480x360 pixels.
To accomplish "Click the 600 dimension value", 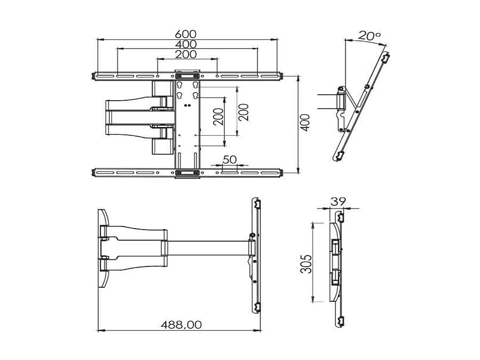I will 186,34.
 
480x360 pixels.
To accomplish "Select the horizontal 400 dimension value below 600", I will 186,44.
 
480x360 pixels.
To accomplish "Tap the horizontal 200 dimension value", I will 186,54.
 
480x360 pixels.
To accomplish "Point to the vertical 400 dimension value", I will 306,122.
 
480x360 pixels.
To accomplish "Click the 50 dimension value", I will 229,159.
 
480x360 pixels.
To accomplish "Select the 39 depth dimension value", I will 338,202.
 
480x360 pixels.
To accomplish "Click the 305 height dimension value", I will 306,264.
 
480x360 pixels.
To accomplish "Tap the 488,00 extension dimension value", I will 181,325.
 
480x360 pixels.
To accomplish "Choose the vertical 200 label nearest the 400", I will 244,112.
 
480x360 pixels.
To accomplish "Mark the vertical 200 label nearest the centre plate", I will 218,117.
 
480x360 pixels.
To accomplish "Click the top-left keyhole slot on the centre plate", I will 180,85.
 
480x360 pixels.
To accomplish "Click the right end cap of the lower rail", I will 282,173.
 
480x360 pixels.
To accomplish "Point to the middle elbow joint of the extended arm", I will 164,248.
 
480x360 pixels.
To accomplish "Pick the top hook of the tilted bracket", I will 386,58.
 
